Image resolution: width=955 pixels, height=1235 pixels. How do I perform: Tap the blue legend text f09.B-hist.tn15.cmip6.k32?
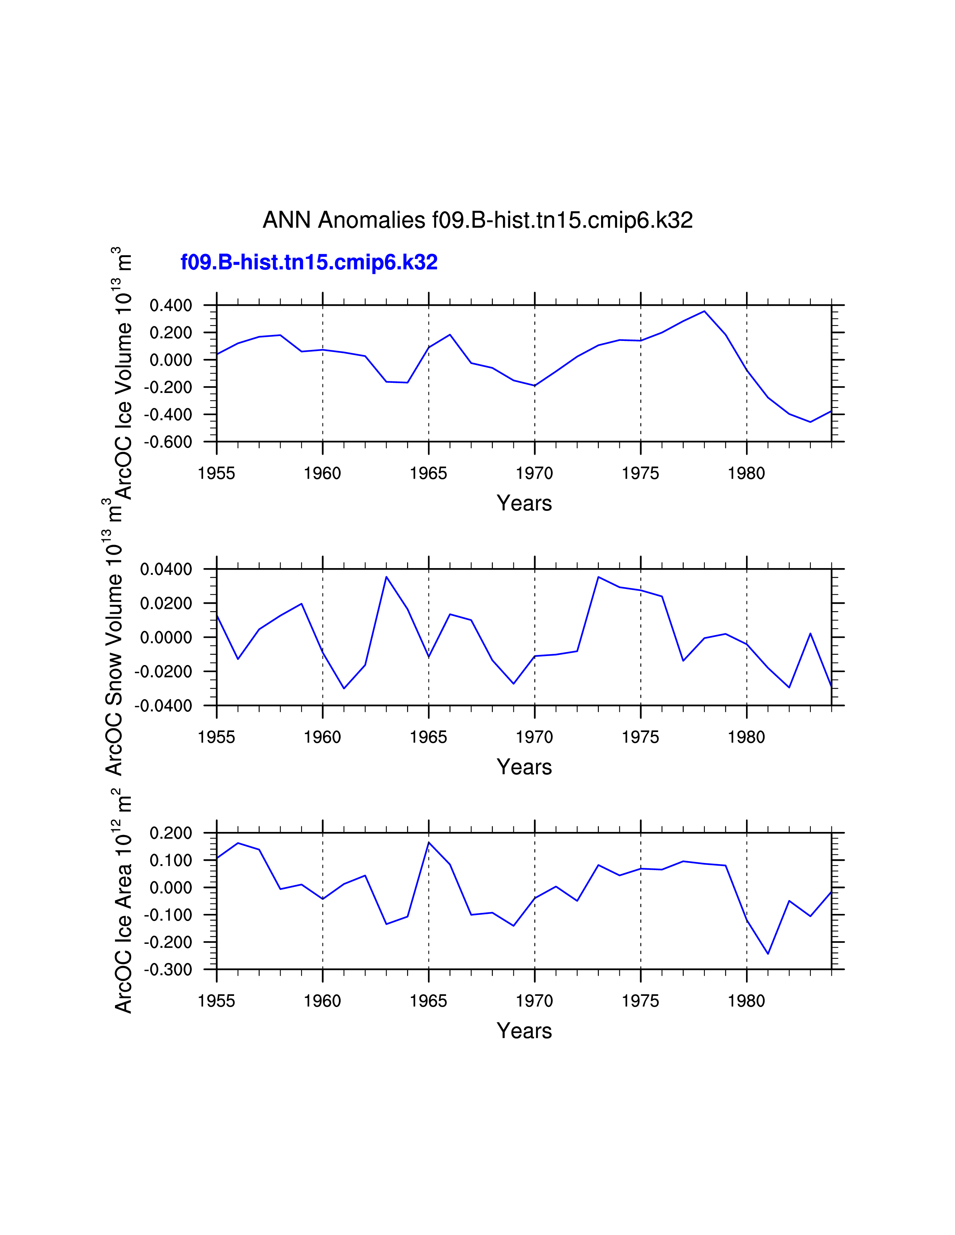309,262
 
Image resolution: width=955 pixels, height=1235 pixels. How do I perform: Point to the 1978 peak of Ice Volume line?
704,311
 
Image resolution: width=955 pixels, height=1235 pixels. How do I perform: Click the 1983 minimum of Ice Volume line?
810,422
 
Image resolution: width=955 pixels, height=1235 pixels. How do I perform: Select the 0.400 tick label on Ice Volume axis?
170,306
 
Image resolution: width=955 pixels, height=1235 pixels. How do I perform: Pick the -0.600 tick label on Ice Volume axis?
168,442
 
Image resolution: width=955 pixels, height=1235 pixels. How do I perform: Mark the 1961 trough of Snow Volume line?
344,688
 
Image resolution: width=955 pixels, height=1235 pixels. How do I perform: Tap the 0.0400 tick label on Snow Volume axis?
166,570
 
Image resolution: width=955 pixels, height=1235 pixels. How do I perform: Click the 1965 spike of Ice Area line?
429,842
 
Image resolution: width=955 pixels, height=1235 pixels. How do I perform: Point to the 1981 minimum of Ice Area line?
768,954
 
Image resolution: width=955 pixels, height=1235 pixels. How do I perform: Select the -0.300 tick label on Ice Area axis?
168,970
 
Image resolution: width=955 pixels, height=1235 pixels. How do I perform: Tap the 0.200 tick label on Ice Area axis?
170,833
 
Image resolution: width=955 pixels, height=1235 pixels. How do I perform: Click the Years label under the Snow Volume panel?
524,767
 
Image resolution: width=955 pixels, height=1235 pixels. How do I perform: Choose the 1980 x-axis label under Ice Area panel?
746,1001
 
